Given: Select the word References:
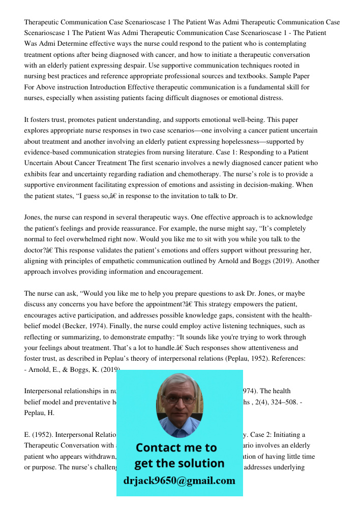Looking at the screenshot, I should pyautogui.click(x=287, y=359).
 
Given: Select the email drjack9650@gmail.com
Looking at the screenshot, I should pyautogui.click(x=179, y=480).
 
